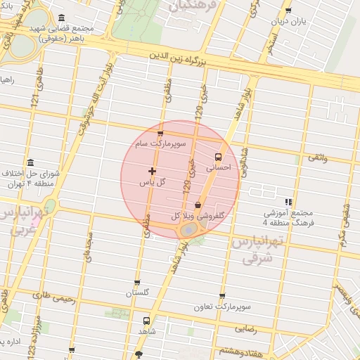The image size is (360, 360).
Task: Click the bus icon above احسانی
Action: pyautogui.click(x=217, y=157)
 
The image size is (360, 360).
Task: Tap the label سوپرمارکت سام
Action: pyautogui.click(x=161, y=143)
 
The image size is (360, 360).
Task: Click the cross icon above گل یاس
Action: pyautogui.click(x=152, y=171)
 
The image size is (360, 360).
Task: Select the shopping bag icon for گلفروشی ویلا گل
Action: pyautogui.click(x=198, y=205)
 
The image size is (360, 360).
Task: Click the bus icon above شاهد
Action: pyautogui.click(x=146, y=319)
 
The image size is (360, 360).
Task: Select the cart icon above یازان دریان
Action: pyautogui.click(x=288, y=10)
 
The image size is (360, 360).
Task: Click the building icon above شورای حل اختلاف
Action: pyautogui.click(x=30, y=162)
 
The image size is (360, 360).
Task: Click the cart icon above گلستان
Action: pyautogui.click(x=138, y=281)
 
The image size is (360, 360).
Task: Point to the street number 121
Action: pyautogui.click(x=34, y=101)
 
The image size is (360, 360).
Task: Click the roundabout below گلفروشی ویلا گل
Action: pyautogui.click(x=189, y=230)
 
